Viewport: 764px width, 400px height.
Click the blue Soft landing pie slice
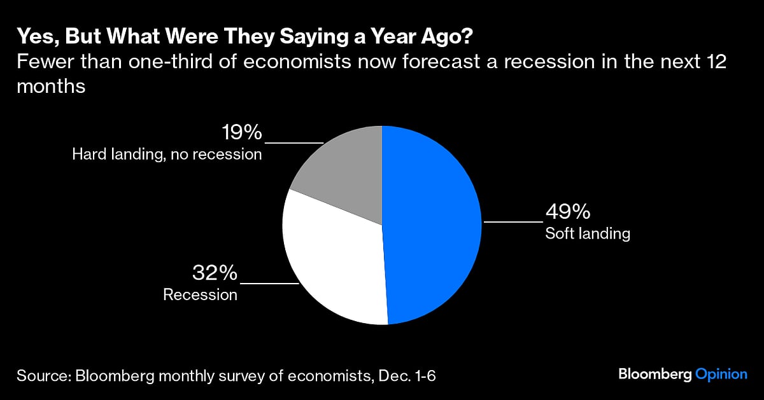(x=433, y=223)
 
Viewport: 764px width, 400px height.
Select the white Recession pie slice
(x=334, y=261)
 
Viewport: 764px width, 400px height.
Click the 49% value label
(x=567, y=212)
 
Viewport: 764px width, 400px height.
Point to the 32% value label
(x=215, y=273)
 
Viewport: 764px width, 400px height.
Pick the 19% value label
(x=242, y=132)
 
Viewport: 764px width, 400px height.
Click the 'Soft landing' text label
(x=587, y=233)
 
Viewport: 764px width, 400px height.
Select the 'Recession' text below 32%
(x=200, y=294)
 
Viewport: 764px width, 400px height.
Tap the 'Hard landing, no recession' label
(x=166, y=154)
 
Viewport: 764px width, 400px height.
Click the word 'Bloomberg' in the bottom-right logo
(x=654, y=375)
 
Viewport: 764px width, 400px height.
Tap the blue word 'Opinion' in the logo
(x=721, y=375)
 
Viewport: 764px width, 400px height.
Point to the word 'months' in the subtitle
(x=51, y=87)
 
